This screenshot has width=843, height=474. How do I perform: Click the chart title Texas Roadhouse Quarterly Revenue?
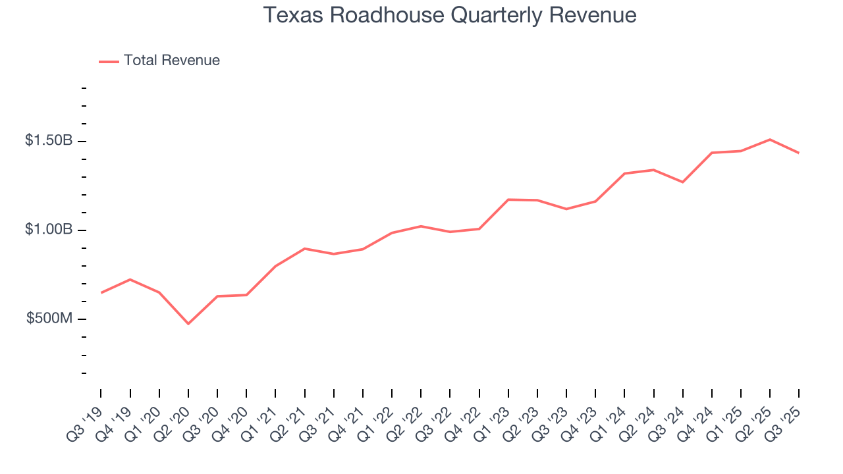[x=450, y=15]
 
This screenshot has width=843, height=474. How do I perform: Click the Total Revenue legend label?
[x=171, y=61]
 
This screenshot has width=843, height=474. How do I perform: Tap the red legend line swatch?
[x=109, y=61]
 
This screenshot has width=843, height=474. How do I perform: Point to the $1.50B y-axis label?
[x=49, y=141]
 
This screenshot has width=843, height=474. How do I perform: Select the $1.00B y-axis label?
[x=49, y=230]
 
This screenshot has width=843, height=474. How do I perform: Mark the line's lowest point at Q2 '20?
[x=188, y=323]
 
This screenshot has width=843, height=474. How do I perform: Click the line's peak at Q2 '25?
[x=770, y=140]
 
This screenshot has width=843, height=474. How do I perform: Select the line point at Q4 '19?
[x=130, y=279]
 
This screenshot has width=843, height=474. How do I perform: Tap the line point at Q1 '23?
[x=508, y=199]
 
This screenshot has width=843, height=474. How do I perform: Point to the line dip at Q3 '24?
[x=683, y=182]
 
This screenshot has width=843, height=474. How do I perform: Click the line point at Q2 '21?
[x=304, y=249]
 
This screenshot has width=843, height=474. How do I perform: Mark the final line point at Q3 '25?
[x=799, y=153]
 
